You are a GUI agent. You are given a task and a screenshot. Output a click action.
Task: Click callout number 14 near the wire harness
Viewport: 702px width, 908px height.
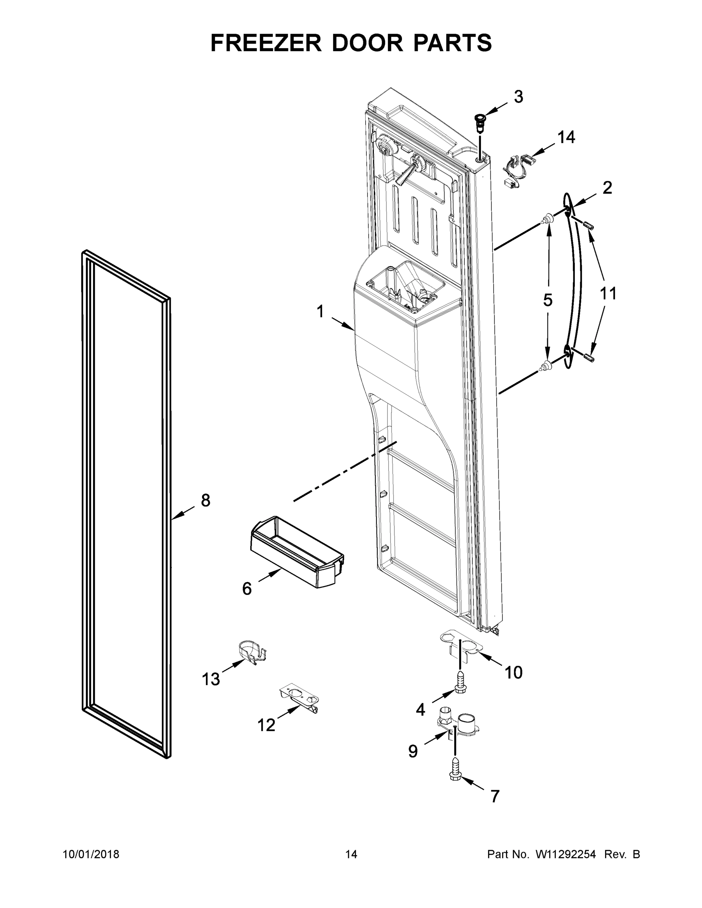tap(566, 137)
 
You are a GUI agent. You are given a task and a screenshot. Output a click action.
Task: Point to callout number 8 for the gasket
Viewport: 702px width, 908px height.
tap(205, 500)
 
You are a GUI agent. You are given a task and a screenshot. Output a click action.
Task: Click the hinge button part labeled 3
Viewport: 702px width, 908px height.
tap(481, 121)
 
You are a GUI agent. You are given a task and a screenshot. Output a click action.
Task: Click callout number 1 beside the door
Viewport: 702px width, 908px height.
tap(320, 311)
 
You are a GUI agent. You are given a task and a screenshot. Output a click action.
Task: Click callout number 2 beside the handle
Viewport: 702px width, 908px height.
tap(607, 188)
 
